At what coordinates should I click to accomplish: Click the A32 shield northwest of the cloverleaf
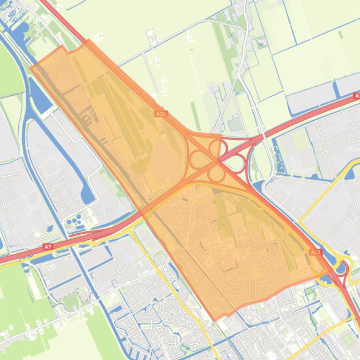pyautogui.click(x=161, y=114)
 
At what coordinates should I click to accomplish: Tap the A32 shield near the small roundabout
pyautogui.click(x=316, y=252)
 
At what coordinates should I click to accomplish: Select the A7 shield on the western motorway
pyautogui.click(x=48, y=246)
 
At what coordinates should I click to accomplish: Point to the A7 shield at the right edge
pyautogui.click(x=357, y=95)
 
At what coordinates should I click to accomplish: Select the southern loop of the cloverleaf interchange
pyautogui.click(x=216, y=174)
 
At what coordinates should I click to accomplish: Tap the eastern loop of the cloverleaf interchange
pyautogui.click(x=236, y=163)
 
